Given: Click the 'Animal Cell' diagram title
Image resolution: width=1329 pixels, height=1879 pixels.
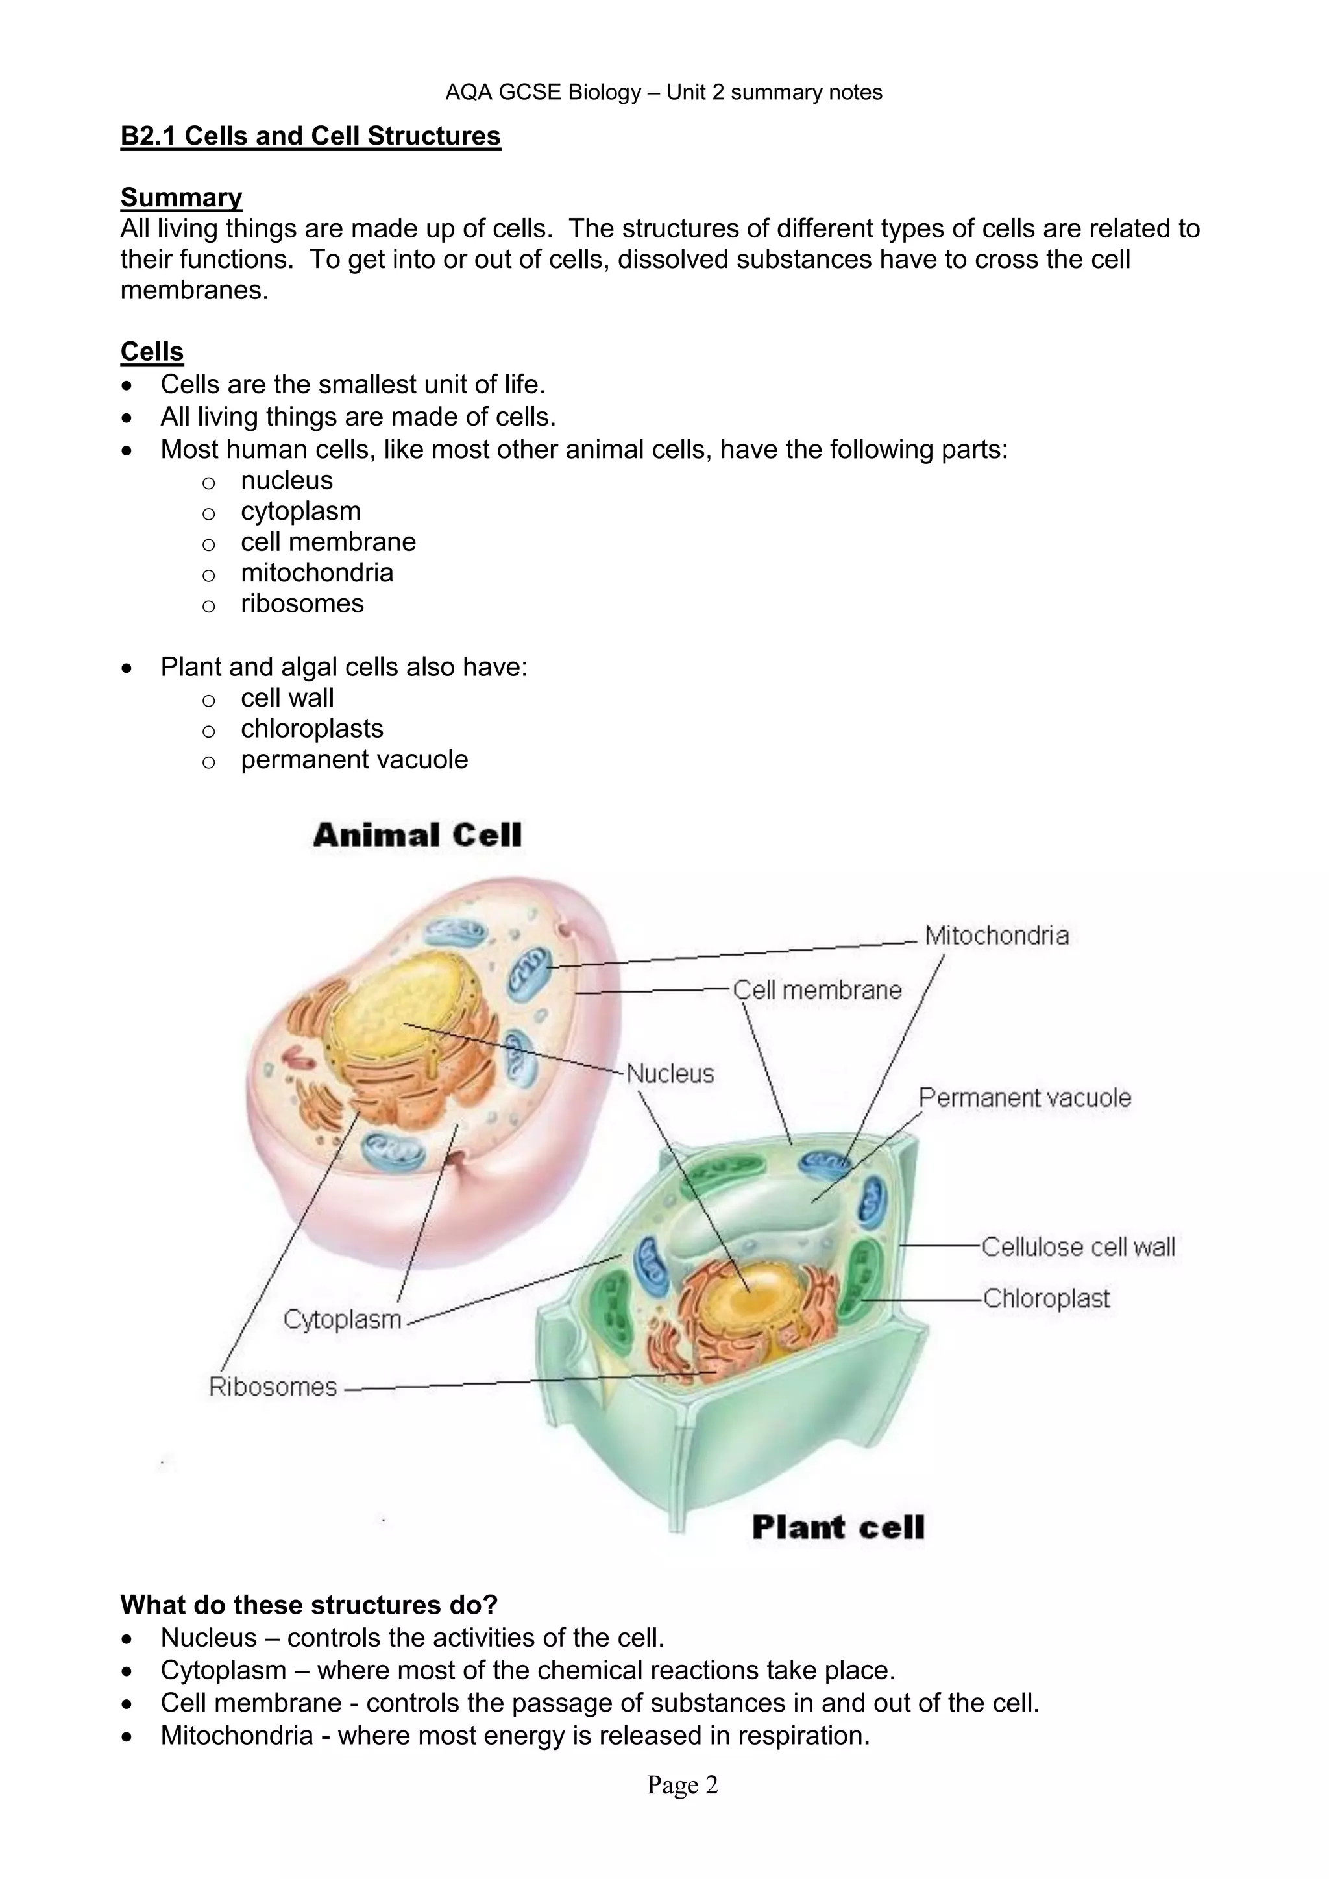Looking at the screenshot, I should (x=417, y=836).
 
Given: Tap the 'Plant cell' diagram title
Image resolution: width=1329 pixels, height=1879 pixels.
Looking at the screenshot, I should (x=838, y=1528).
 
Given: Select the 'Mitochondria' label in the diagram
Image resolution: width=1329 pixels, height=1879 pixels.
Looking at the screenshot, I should (x=996, y=936).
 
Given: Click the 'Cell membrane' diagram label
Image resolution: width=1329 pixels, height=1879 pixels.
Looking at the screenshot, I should (x=817, y=990).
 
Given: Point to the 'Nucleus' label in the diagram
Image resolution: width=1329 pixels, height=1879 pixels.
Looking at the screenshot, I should (x=670, y=1074).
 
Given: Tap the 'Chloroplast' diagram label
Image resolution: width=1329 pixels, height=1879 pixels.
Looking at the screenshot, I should (x=1046, y=1299).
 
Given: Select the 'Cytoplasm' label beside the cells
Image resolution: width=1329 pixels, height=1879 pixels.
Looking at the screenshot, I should (x=342, y=1319).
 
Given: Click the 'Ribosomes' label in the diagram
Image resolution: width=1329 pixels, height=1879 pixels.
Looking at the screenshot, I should (x=273, y=1387).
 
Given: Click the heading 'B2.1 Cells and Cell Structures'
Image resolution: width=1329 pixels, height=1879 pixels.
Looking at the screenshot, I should (x=310, y=136).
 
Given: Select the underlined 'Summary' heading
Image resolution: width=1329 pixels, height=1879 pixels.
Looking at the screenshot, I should (x=181, y=197).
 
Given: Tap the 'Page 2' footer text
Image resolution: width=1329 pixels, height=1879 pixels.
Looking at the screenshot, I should (x=683, y=1785).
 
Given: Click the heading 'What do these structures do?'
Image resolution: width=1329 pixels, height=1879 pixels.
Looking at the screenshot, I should (x=310, y=1605).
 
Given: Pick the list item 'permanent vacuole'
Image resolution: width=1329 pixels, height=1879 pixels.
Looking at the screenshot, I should (x=354, y=760).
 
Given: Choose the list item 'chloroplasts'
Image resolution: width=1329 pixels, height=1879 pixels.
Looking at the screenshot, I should (x=311, y=729).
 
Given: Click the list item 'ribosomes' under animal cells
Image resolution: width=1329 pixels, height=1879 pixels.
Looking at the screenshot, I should (x=302, y=603).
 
